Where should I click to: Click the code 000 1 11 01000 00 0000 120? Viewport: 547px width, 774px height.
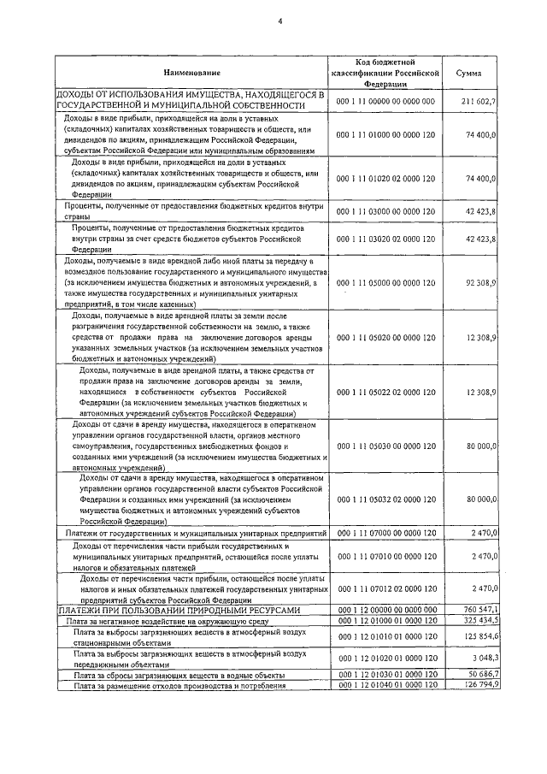(x=386, y=135)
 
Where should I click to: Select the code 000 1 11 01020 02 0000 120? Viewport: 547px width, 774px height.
(x=386, y=178)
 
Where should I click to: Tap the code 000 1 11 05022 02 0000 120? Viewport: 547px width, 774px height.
(x=386, y=391)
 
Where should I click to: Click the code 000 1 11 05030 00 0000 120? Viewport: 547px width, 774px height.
(x=386, y=446)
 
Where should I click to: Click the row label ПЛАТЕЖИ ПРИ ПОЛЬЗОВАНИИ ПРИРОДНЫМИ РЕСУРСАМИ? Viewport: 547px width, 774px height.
(x=179, y=609)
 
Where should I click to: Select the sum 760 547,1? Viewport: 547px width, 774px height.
(x=479, y=609)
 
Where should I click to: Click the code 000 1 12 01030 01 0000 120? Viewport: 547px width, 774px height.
(x=386, y=675)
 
